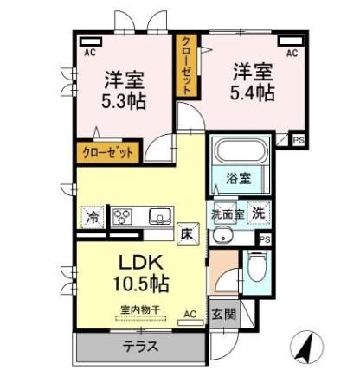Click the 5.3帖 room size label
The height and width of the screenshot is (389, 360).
pyautogui.click(x=124, y=100)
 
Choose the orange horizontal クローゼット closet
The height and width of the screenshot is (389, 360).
pyautogui.click(x=108, y=152)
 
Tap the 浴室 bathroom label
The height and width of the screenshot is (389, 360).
pyautogui.click(x=239, y=179)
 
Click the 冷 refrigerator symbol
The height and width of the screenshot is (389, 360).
pyautogui.click(x=92, y=216)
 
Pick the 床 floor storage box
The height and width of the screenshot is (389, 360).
pyautogui.click(x=187, y=232)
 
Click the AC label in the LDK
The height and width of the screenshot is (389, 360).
pyautogui.click(x=190, y=316)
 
